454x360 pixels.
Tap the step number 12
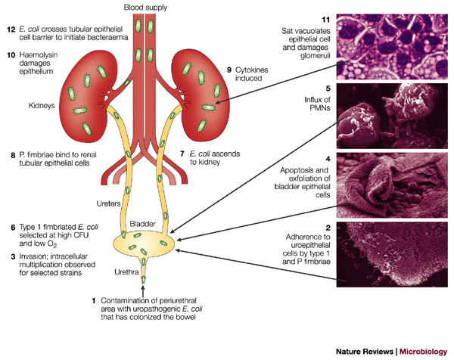coord(8,29)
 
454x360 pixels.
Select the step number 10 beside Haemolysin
coord(8,54)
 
